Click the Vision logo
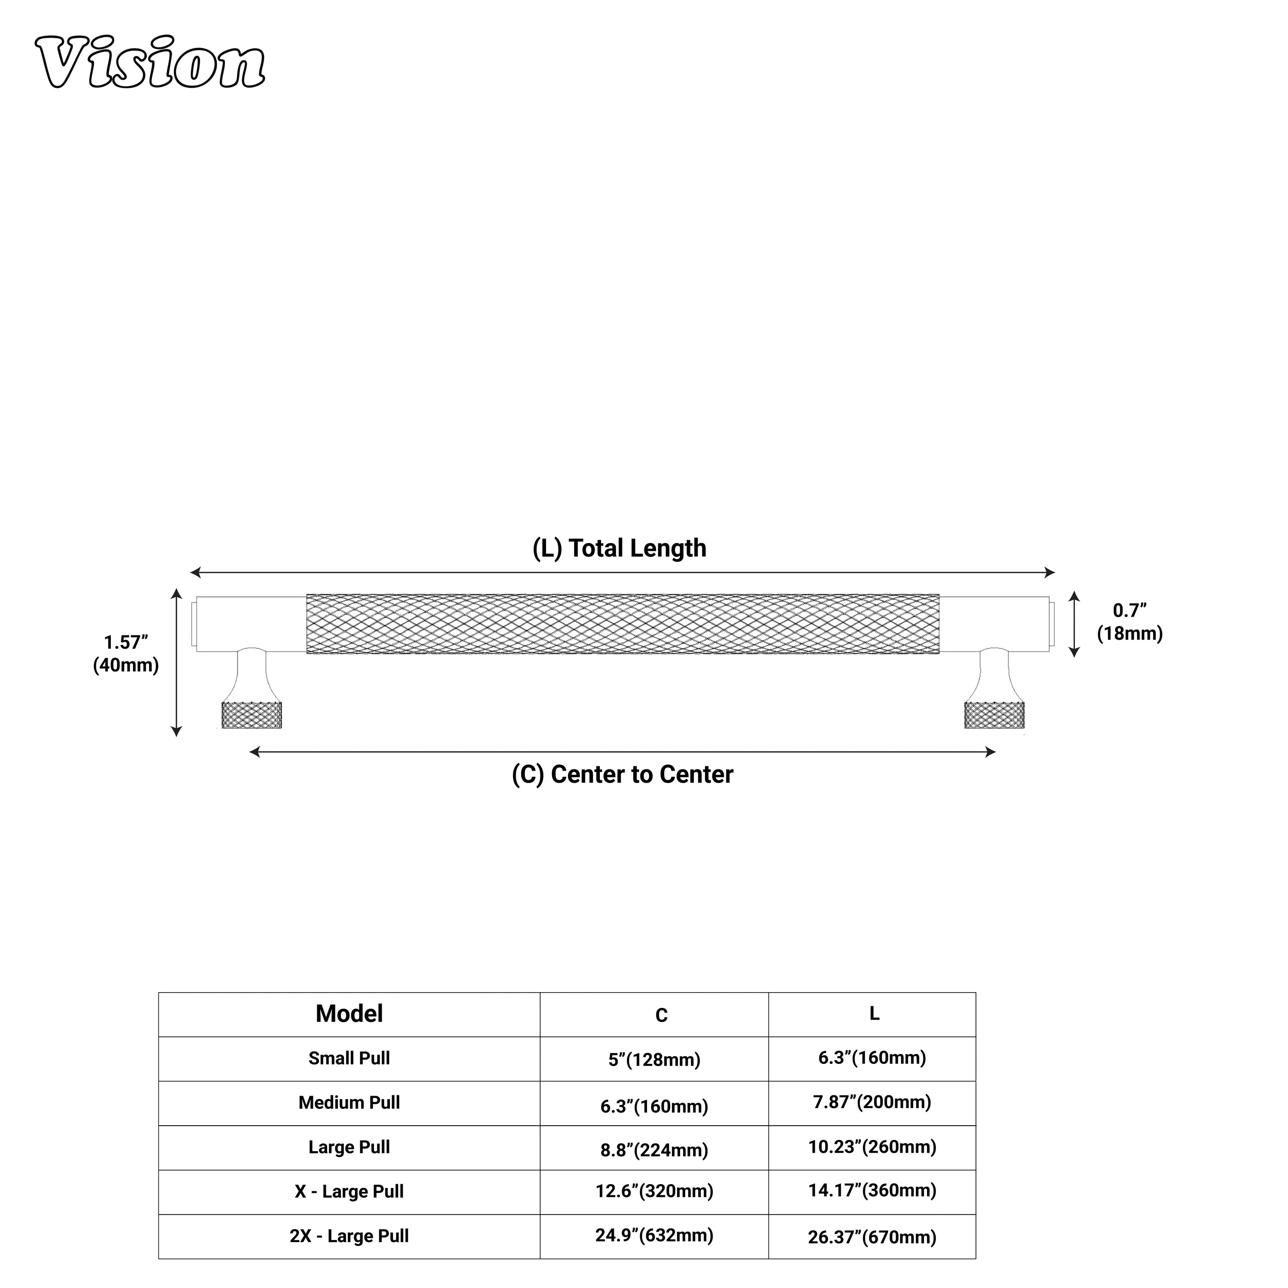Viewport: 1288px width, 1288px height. [x=150, y=61]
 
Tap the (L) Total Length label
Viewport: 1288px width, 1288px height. [x=620, y=548]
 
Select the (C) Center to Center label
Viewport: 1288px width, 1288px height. [x=623, y=774]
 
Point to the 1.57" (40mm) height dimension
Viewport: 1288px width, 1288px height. [x=126, y=653]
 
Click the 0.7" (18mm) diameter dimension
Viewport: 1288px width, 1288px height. [x=1129, y=621]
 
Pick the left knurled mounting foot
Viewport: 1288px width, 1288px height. [x=251, y=715]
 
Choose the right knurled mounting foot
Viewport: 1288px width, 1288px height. [x=994, y=715]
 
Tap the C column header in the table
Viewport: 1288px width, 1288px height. [x=661, y=1015]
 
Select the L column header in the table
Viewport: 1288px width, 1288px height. [x=874, y=1013]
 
